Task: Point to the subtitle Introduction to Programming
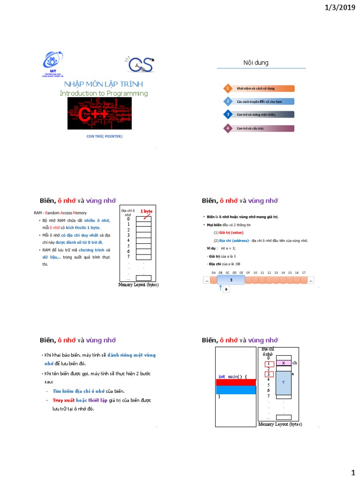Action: point(104,93)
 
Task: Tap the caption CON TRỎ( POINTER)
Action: point(105,136)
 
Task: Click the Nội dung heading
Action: point(255,62)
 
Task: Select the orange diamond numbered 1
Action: point(227,88)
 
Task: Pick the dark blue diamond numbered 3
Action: point(227,114)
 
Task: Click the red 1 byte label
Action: point(146,211)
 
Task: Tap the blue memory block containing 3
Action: point(231,280)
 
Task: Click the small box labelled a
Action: point(226,290)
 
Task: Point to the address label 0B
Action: point(220,272)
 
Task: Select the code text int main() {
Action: point(232,376)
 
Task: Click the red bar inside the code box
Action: point(236,382)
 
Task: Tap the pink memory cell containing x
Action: point(284,363)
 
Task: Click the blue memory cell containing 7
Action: point(284,382)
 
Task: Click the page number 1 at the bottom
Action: point(353,472)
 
